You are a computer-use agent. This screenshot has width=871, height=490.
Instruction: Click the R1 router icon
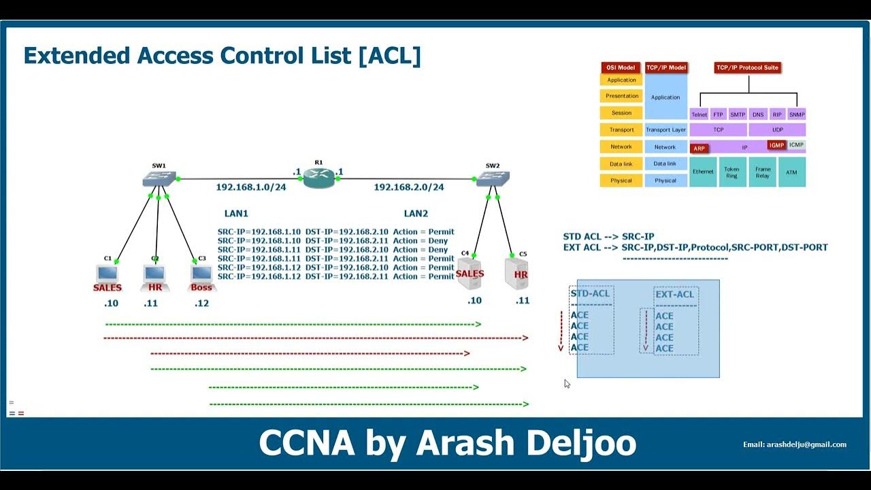(x=319, y=178)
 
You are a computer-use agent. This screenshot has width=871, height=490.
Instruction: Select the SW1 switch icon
(x=159, y=179)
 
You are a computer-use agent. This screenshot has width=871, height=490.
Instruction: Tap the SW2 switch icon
(x=493, y=179)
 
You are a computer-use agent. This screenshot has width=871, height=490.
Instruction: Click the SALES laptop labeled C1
(x=107, y=274)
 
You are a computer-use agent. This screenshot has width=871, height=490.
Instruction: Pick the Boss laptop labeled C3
(x=201, y=274)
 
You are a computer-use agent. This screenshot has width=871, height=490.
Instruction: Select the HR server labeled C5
(x=518, y=272)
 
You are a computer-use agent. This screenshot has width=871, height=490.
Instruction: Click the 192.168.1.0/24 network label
(x=250, y=187)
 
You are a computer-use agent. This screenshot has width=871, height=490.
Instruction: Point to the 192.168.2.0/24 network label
(x=408, y=187)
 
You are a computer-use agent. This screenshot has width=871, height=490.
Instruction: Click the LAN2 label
(x=416, y=214)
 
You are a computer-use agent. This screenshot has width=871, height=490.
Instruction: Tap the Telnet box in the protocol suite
(x=699, y=115)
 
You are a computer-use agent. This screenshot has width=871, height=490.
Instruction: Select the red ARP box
(x=699, y=148)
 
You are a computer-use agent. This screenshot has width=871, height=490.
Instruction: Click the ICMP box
(x=796, y=145)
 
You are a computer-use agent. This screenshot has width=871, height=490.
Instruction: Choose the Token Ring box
(x=732, y=172)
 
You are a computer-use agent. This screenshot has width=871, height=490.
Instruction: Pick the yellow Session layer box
(x=621, y=113)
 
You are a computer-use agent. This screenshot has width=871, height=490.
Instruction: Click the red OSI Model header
(x=621, y=68)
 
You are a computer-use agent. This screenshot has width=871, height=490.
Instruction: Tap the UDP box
(x=777, y=129)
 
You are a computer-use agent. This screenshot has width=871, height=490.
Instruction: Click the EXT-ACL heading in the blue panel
(x=675, y=295)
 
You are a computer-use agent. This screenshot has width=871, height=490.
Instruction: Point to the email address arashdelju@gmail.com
(x=795, y=444)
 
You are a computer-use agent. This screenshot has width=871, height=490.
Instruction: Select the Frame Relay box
(x=762, y=172)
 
